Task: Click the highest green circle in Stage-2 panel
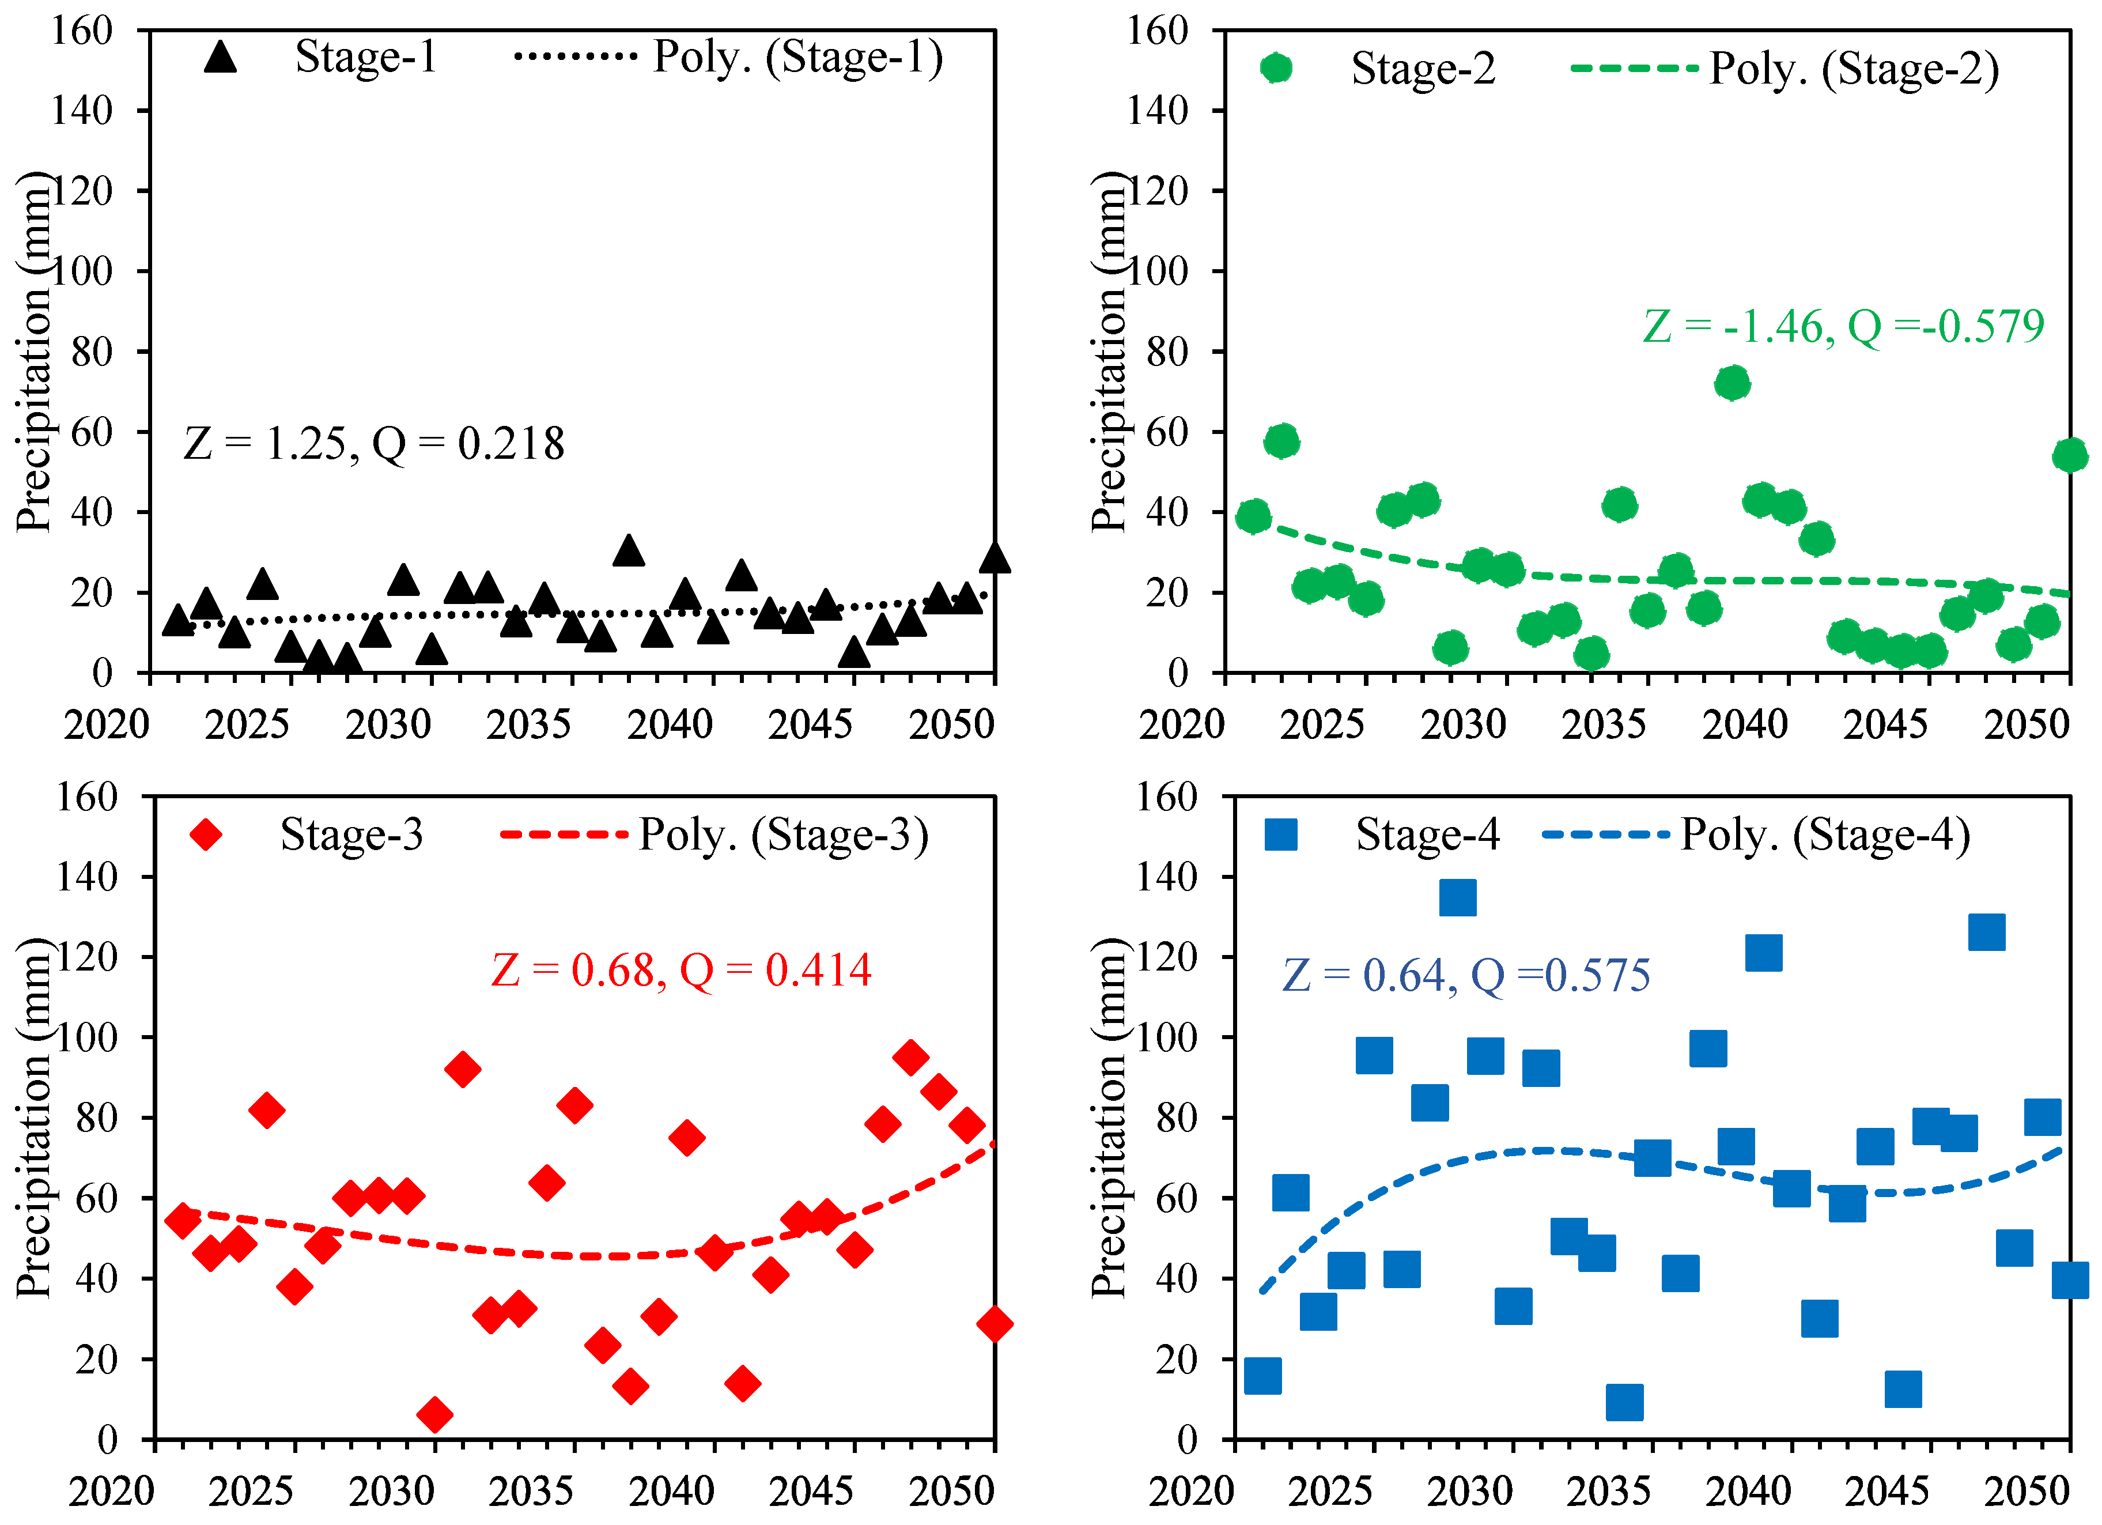pyautogui.click(x=1731, y=383)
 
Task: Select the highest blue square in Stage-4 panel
pyautogui.click(x=1457, y=897)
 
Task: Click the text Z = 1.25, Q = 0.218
pyautogui.click(x=373, y=444)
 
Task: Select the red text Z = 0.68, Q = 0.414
pyautogui.click(x=680, y=971)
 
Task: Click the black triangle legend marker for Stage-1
pyautogui.click(x=221, y=58)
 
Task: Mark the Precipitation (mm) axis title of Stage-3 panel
pyautogui.click(x=33, y=1117)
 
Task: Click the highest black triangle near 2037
pyautogui.click(x=629, y=550)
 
